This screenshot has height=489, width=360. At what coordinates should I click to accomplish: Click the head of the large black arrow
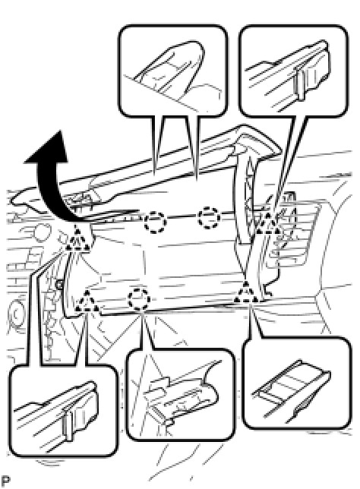click(50, 149)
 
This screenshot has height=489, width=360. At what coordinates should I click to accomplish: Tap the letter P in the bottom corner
click(5, 481)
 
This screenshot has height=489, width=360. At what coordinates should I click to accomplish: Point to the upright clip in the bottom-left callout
click(68, 424)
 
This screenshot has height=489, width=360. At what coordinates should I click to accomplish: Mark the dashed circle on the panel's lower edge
click(139, 299)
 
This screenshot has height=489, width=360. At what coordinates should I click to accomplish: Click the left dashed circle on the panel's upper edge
click(155, 222)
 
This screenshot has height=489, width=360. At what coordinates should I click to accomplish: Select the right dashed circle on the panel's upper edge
click(209, 217)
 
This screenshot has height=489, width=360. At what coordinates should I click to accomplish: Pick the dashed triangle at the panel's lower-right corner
click(246, 292)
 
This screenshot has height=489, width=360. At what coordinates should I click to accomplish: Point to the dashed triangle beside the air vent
click(267, 224)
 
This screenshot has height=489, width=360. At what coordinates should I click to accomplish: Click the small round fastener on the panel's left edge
click(58, 284)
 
